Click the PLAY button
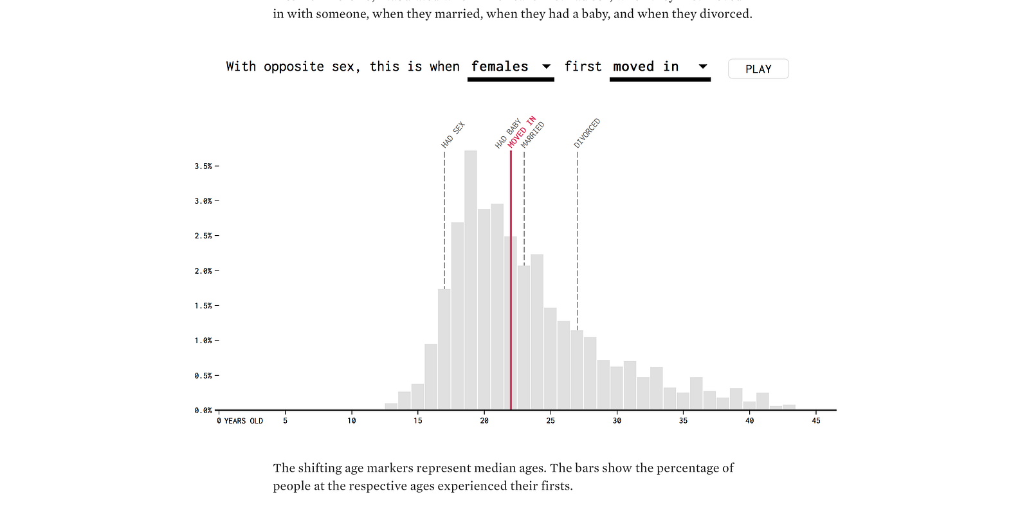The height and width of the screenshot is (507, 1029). tap(758, 69)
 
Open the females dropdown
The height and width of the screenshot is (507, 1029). tap(511, 67)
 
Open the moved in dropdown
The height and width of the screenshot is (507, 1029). tap(660, 67)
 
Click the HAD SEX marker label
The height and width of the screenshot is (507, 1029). tap(453, 135)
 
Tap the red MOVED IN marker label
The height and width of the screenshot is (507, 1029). tap(522, 132)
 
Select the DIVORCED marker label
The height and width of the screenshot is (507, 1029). tap(587, 133)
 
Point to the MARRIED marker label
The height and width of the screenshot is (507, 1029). tap(533, 135)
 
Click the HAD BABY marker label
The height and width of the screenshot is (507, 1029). tap(507, 134)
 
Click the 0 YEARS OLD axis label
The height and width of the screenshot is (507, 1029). tap(240, 421)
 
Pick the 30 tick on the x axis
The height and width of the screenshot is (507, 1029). tap(617, 421)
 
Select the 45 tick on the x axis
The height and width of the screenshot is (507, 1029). tap(815, 421)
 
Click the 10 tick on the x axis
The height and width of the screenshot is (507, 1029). tap(352, 421)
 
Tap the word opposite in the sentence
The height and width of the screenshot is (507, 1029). tap(293, 67)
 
